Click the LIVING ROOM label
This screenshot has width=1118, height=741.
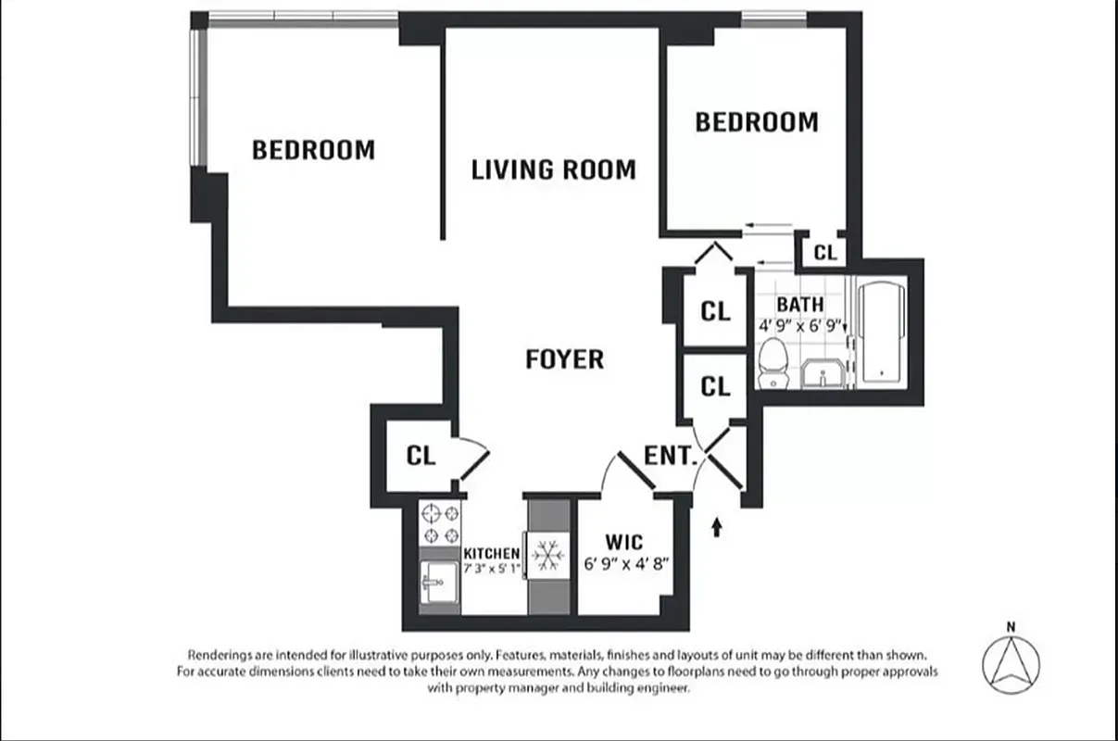tap(553, 170)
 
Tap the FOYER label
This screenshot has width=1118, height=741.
tap(564, 359)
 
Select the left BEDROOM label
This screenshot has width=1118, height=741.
tap(313, 149)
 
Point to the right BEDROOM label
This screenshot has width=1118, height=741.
tap(757, 122)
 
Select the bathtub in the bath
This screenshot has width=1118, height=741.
tap(883, 333)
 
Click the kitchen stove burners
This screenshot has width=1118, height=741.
tap(440, 524)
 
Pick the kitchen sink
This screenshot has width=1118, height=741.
tap(439, 584)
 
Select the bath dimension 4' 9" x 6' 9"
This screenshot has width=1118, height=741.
tap(799, 325)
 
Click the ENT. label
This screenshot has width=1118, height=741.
tap(670, 456)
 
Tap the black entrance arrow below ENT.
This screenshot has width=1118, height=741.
tap(716, 528)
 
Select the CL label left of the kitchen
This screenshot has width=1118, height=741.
tap(421, 456)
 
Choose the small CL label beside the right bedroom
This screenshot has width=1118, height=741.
tap(824, 252)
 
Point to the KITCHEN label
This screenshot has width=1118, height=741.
tap(491, 553)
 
